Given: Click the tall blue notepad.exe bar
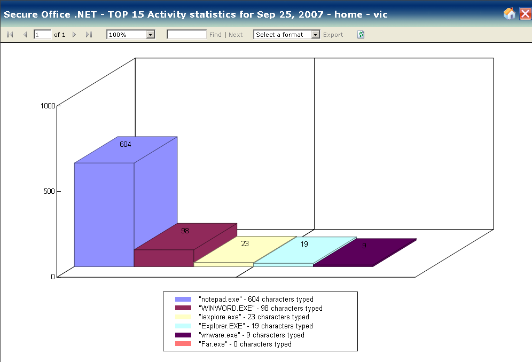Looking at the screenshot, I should tap(104, 214).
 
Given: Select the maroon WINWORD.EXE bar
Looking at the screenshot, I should tap(163, 257).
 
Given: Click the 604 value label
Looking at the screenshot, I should tap(126, 144).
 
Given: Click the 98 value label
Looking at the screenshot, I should tap(185, 231).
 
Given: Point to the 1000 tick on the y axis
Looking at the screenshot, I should tap(48, 106).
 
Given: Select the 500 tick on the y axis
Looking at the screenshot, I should tap(49, 191).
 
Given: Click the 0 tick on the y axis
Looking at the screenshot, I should tap(53, 276).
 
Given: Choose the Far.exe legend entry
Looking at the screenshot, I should tap(245, 344).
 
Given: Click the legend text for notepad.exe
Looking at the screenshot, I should tap(255, 300).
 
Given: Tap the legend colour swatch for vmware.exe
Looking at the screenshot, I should tap(183, 335).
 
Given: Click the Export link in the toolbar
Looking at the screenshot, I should tap(333, 35).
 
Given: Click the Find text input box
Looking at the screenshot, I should tap(186, 35).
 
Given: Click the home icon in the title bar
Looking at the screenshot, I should tap(510, 14).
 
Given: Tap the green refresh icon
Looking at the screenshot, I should tap(361, 35).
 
